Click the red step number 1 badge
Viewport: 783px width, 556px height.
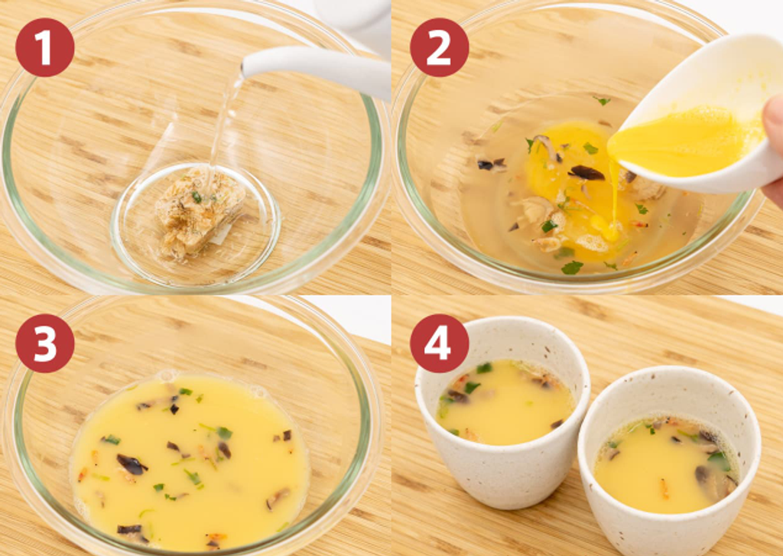[44, 48]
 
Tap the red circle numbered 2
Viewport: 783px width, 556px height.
[439, 48]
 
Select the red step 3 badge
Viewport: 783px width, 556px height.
[44, 343]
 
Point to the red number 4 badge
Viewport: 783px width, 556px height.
[439, 343]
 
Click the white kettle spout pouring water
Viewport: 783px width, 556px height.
[314, 70]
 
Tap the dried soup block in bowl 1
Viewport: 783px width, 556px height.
[199, 213]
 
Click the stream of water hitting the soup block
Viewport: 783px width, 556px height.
[224, 125]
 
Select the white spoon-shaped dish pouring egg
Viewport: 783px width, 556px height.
[699, 115]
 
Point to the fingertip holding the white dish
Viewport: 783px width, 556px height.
[773, 120]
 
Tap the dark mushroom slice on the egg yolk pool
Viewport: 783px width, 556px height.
[586, 173]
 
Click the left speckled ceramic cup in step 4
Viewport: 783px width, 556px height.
[502, 410]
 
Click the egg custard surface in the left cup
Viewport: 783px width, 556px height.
[505, 402]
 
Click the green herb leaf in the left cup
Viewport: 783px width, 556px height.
[471, 386]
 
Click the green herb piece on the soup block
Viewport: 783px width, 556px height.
[197, 198]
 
